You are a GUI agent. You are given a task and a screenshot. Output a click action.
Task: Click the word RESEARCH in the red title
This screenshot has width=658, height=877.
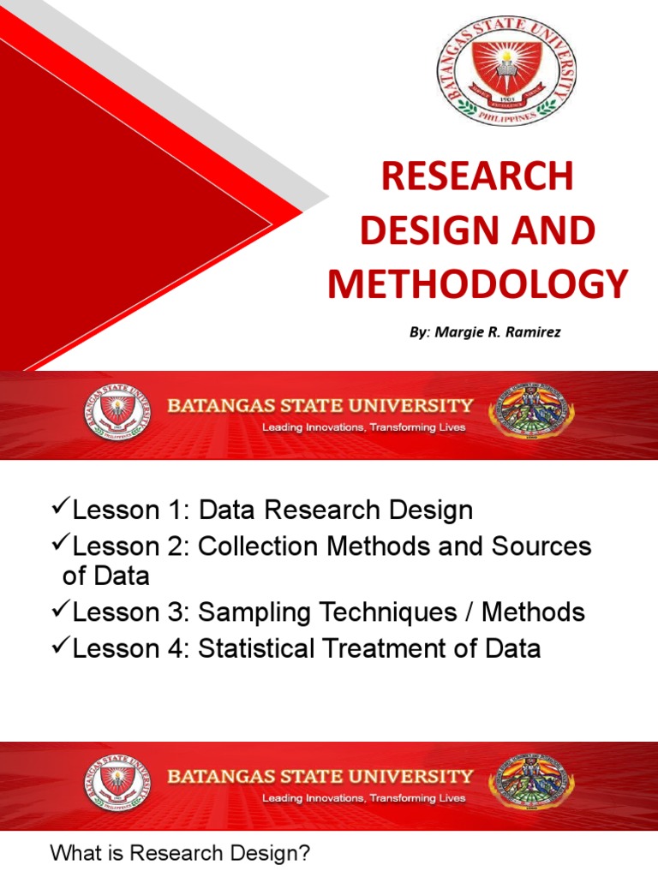pos(477,177)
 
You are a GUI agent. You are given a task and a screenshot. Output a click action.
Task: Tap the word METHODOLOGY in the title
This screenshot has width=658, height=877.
pos(478,284)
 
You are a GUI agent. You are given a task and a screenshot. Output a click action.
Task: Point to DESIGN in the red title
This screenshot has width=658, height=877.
pos(435,230)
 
